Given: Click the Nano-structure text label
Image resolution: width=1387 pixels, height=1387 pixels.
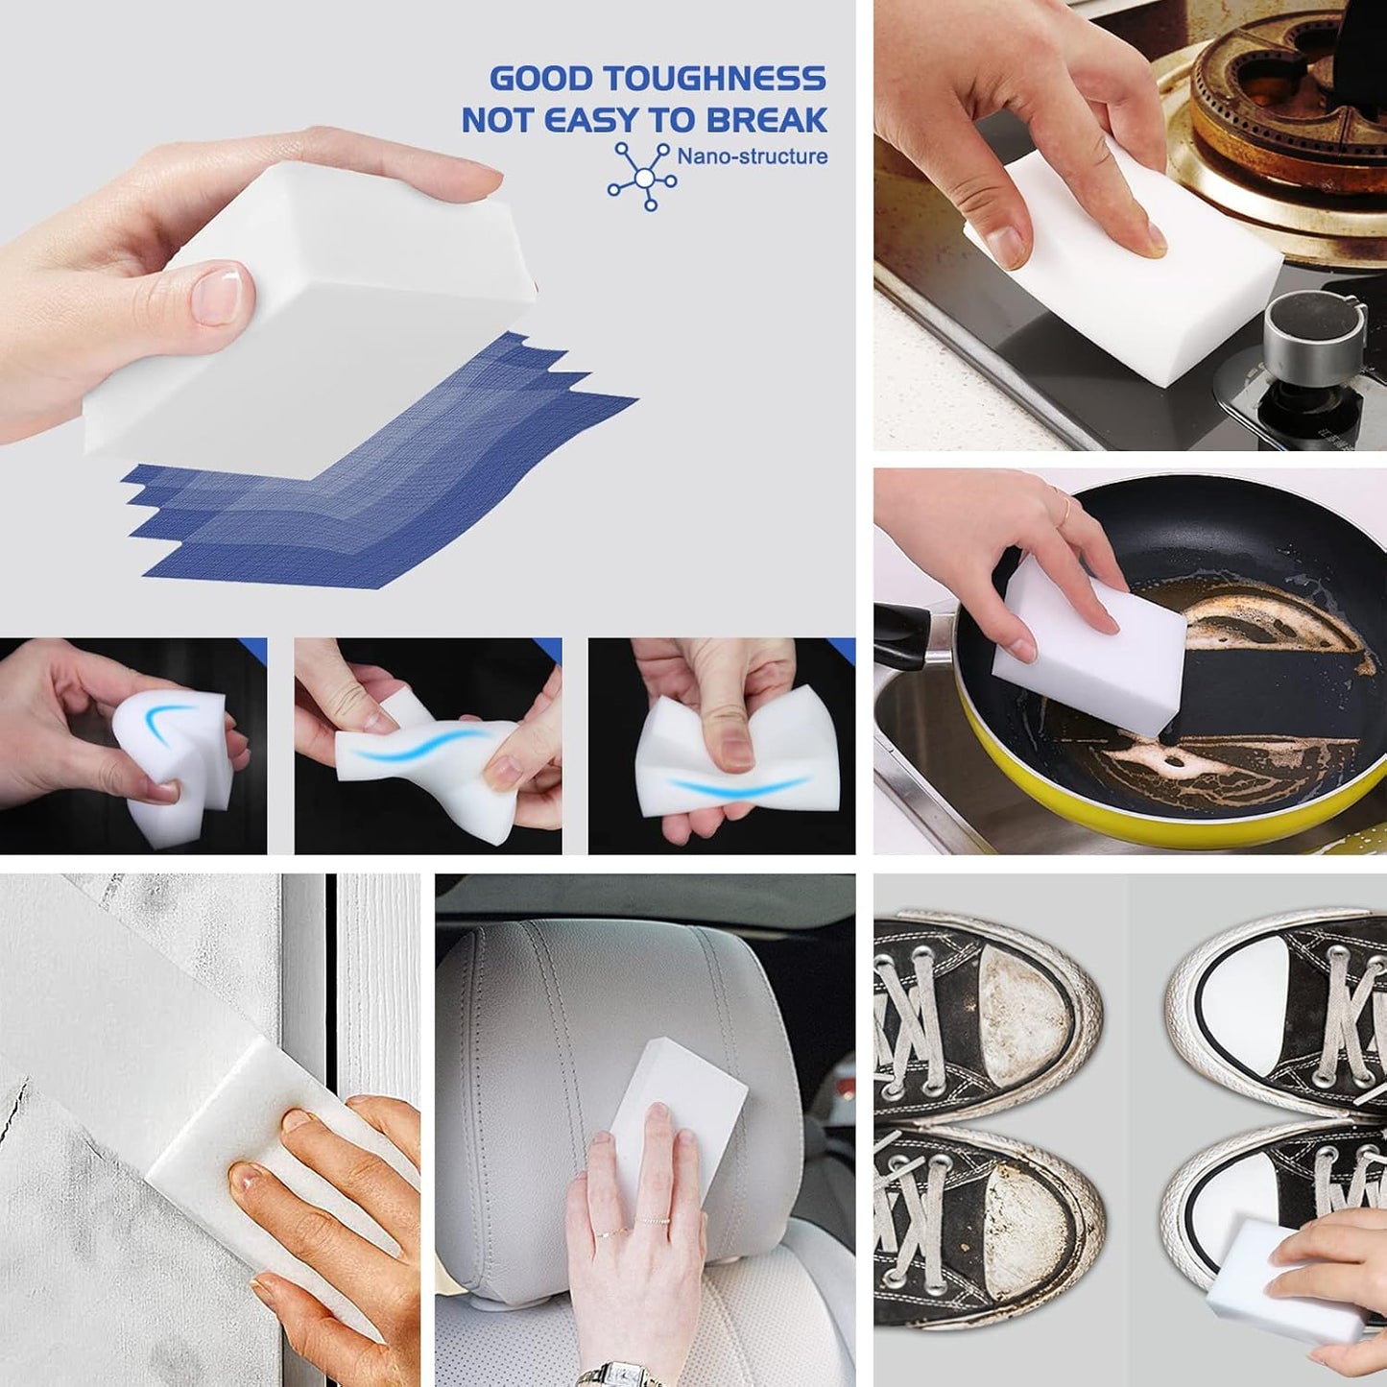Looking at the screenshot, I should pos(752,156).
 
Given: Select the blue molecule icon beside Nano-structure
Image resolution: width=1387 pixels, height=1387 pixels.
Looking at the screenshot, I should pos(643,177).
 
